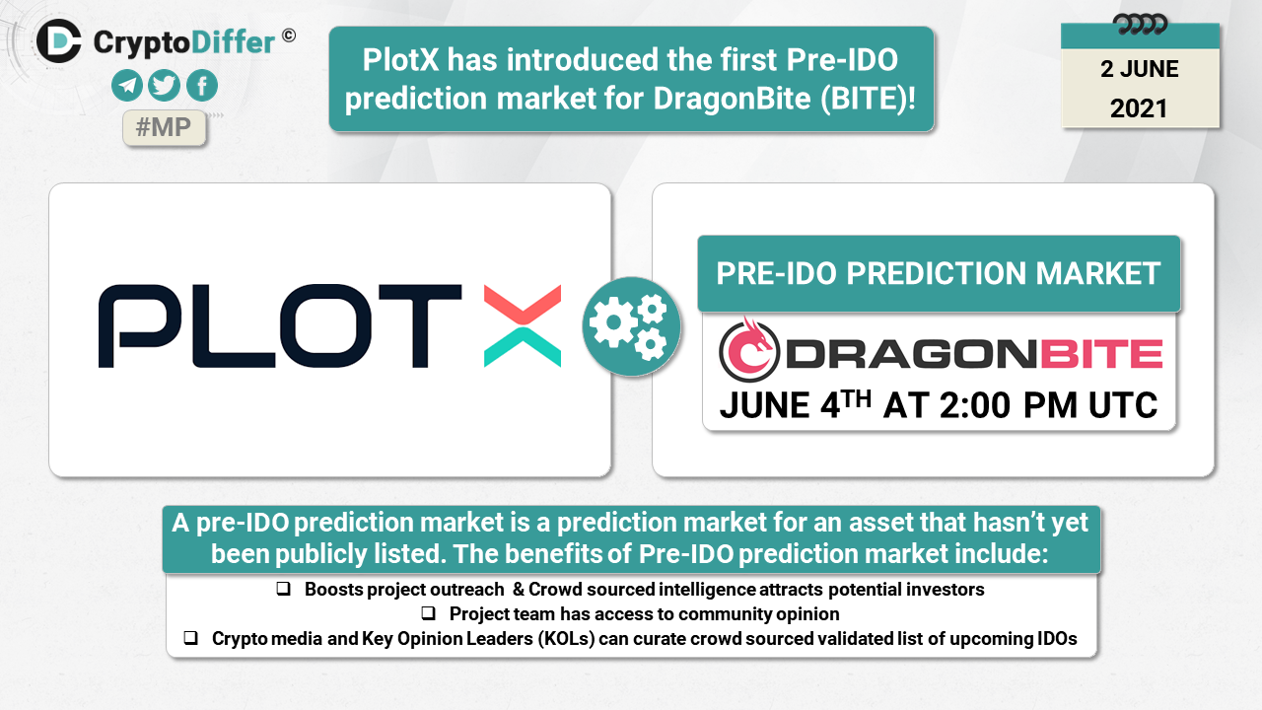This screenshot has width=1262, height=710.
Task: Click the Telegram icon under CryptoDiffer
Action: pyautogui.click(x=127, y=86)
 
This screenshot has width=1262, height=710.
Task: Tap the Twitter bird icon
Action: pyautogui.click(x=164, y=86)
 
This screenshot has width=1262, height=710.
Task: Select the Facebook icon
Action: pyautogui.click(x=202, y=86)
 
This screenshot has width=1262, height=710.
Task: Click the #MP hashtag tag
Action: pyautogui.click(x=164, y=128)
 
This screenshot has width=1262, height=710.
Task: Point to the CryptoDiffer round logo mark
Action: pyautogui.click(x=59, y=41)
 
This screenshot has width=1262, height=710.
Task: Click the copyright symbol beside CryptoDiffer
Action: pyautogui.click(x=289, y=36)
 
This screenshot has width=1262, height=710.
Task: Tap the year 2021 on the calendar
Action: pyautogui.click(x=1139, y=108)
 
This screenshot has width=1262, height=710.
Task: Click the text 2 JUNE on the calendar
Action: pyautogui.click(x=1139, y=69)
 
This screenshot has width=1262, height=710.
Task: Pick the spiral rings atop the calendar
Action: pyautogui.click(x=1140, y=25)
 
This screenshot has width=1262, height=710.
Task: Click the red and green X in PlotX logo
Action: pyautogui.click(x=523, y=326)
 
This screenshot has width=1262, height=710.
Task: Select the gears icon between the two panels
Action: pyautogui.click(x=632, y=326)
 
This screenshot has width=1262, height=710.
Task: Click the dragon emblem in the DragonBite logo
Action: pyautogui.click(x=748, y=349)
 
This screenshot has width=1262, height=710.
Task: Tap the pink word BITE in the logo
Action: pyautogui.click(x=1101, y=354)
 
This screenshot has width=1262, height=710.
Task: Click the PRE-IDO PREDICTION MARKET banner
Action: pyautogui.click(x=939, y=274)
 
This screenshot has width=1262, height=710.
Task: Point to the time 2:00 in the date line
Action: pyautogui.click(x=975, y=405)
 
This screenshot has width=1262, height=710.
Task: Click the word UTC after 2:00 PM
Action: pyautogui.click(x=1123, y=405)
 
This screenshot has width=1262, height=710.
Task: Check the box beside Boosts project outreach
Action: pyautogui.click(x=283, y=589)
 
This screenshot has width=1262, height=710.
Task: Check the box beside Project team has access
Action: pyautogui.click(x=428, y=613)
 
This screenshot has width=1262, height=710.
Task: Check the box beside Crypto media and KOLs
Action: pyautogui.click(x=190, y=638)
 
